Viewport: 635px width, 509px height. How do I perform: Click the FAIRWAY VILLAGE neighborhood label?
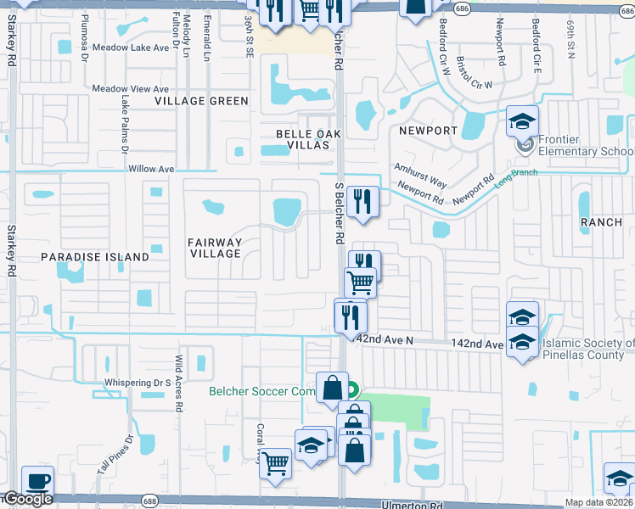click(x=215, y=248)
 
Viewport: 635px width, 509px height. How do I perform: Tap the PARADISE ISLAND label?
click(x=95, y=256)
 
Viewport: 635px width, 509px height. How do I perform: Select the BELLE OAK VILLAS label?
click(x=302, y=139)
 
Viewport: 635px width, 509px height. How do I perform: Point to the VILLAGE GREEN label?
click(x=202, y=101)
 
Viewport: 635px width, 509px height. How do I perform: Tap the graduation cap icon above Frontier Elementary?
click(x=523, y=121)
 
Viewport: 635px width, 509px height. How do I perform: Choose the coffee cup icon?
click(x=37, y=479)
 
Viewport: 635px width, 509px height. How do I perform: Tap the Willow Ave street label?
click(x=151, y=169)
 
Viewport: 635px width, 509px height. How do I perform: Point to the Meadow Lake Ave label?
click(x=131, y=48)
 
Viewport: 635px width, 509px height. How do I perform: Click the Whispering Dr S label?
click(x=138, y=383)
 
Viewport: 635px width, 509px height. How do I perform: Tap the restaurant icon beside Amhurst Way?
click(x=363, y=202)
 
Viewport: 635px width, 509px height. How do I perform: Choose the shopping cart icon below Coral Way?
click(x=275, y=464)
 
